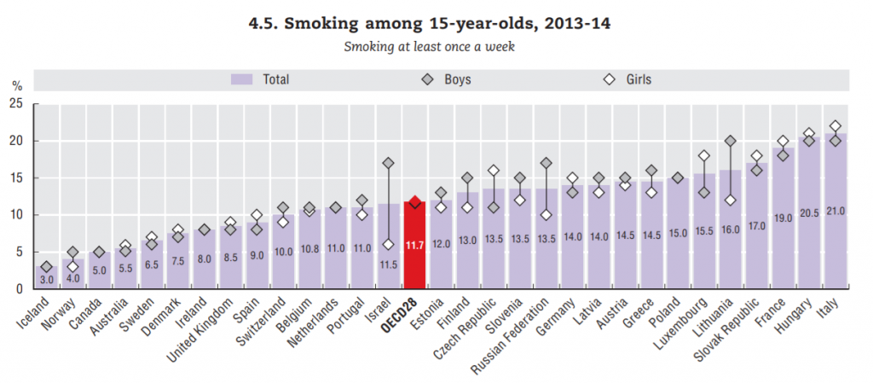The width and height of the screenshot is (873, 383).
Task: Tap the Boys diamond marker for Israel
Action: pos(388,163)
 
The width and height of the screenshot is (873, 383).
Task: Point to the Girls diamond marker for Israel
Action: pos(388,244)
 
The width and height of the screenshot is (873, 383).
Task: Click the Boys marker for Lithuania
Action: pos(730,141)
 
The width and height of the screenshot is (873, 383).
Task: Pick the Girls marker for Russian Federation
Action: pos(546,215)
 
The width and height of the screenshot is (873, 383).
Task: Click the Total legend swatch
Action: pos(243,79)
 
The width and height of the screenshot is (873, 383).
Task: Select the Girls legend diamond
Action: pos(610,79)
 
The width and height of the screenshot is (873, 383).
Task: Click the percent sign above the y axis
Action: pos(16,86)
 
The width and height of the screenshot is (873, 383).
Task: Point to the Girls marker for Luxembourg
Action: pos(704,155)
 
